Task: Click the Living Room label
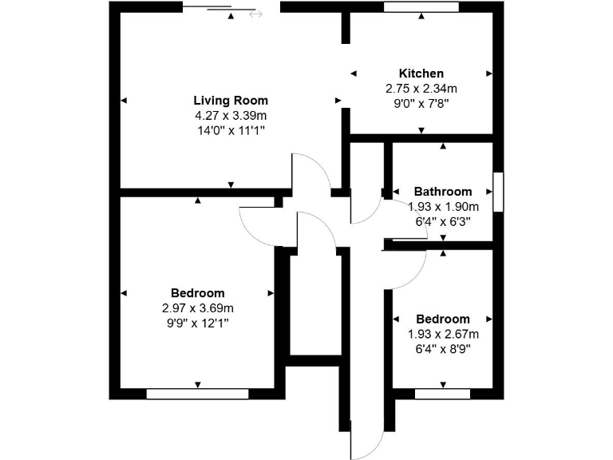[x=231, y=101]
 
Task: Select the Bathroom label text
[x=442, y=192]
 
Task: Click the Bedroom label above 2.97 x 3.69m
[x=197, y=293]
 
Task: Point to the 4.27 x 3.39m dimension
[x=231, y=115]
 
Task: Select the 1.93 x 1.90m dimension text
[x=442, y=206]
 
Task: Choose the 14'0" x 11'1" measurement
[x=231, y=129]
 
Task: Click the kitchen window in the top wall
[x=421, y=6]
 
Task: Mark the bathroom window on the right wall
[x=498, y=192]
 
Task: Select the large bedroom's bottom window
[x=197, y=394]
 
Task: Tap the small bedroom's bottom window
[x=442, y=394]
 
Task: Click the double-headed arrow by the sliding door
[x=255, y=14]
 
